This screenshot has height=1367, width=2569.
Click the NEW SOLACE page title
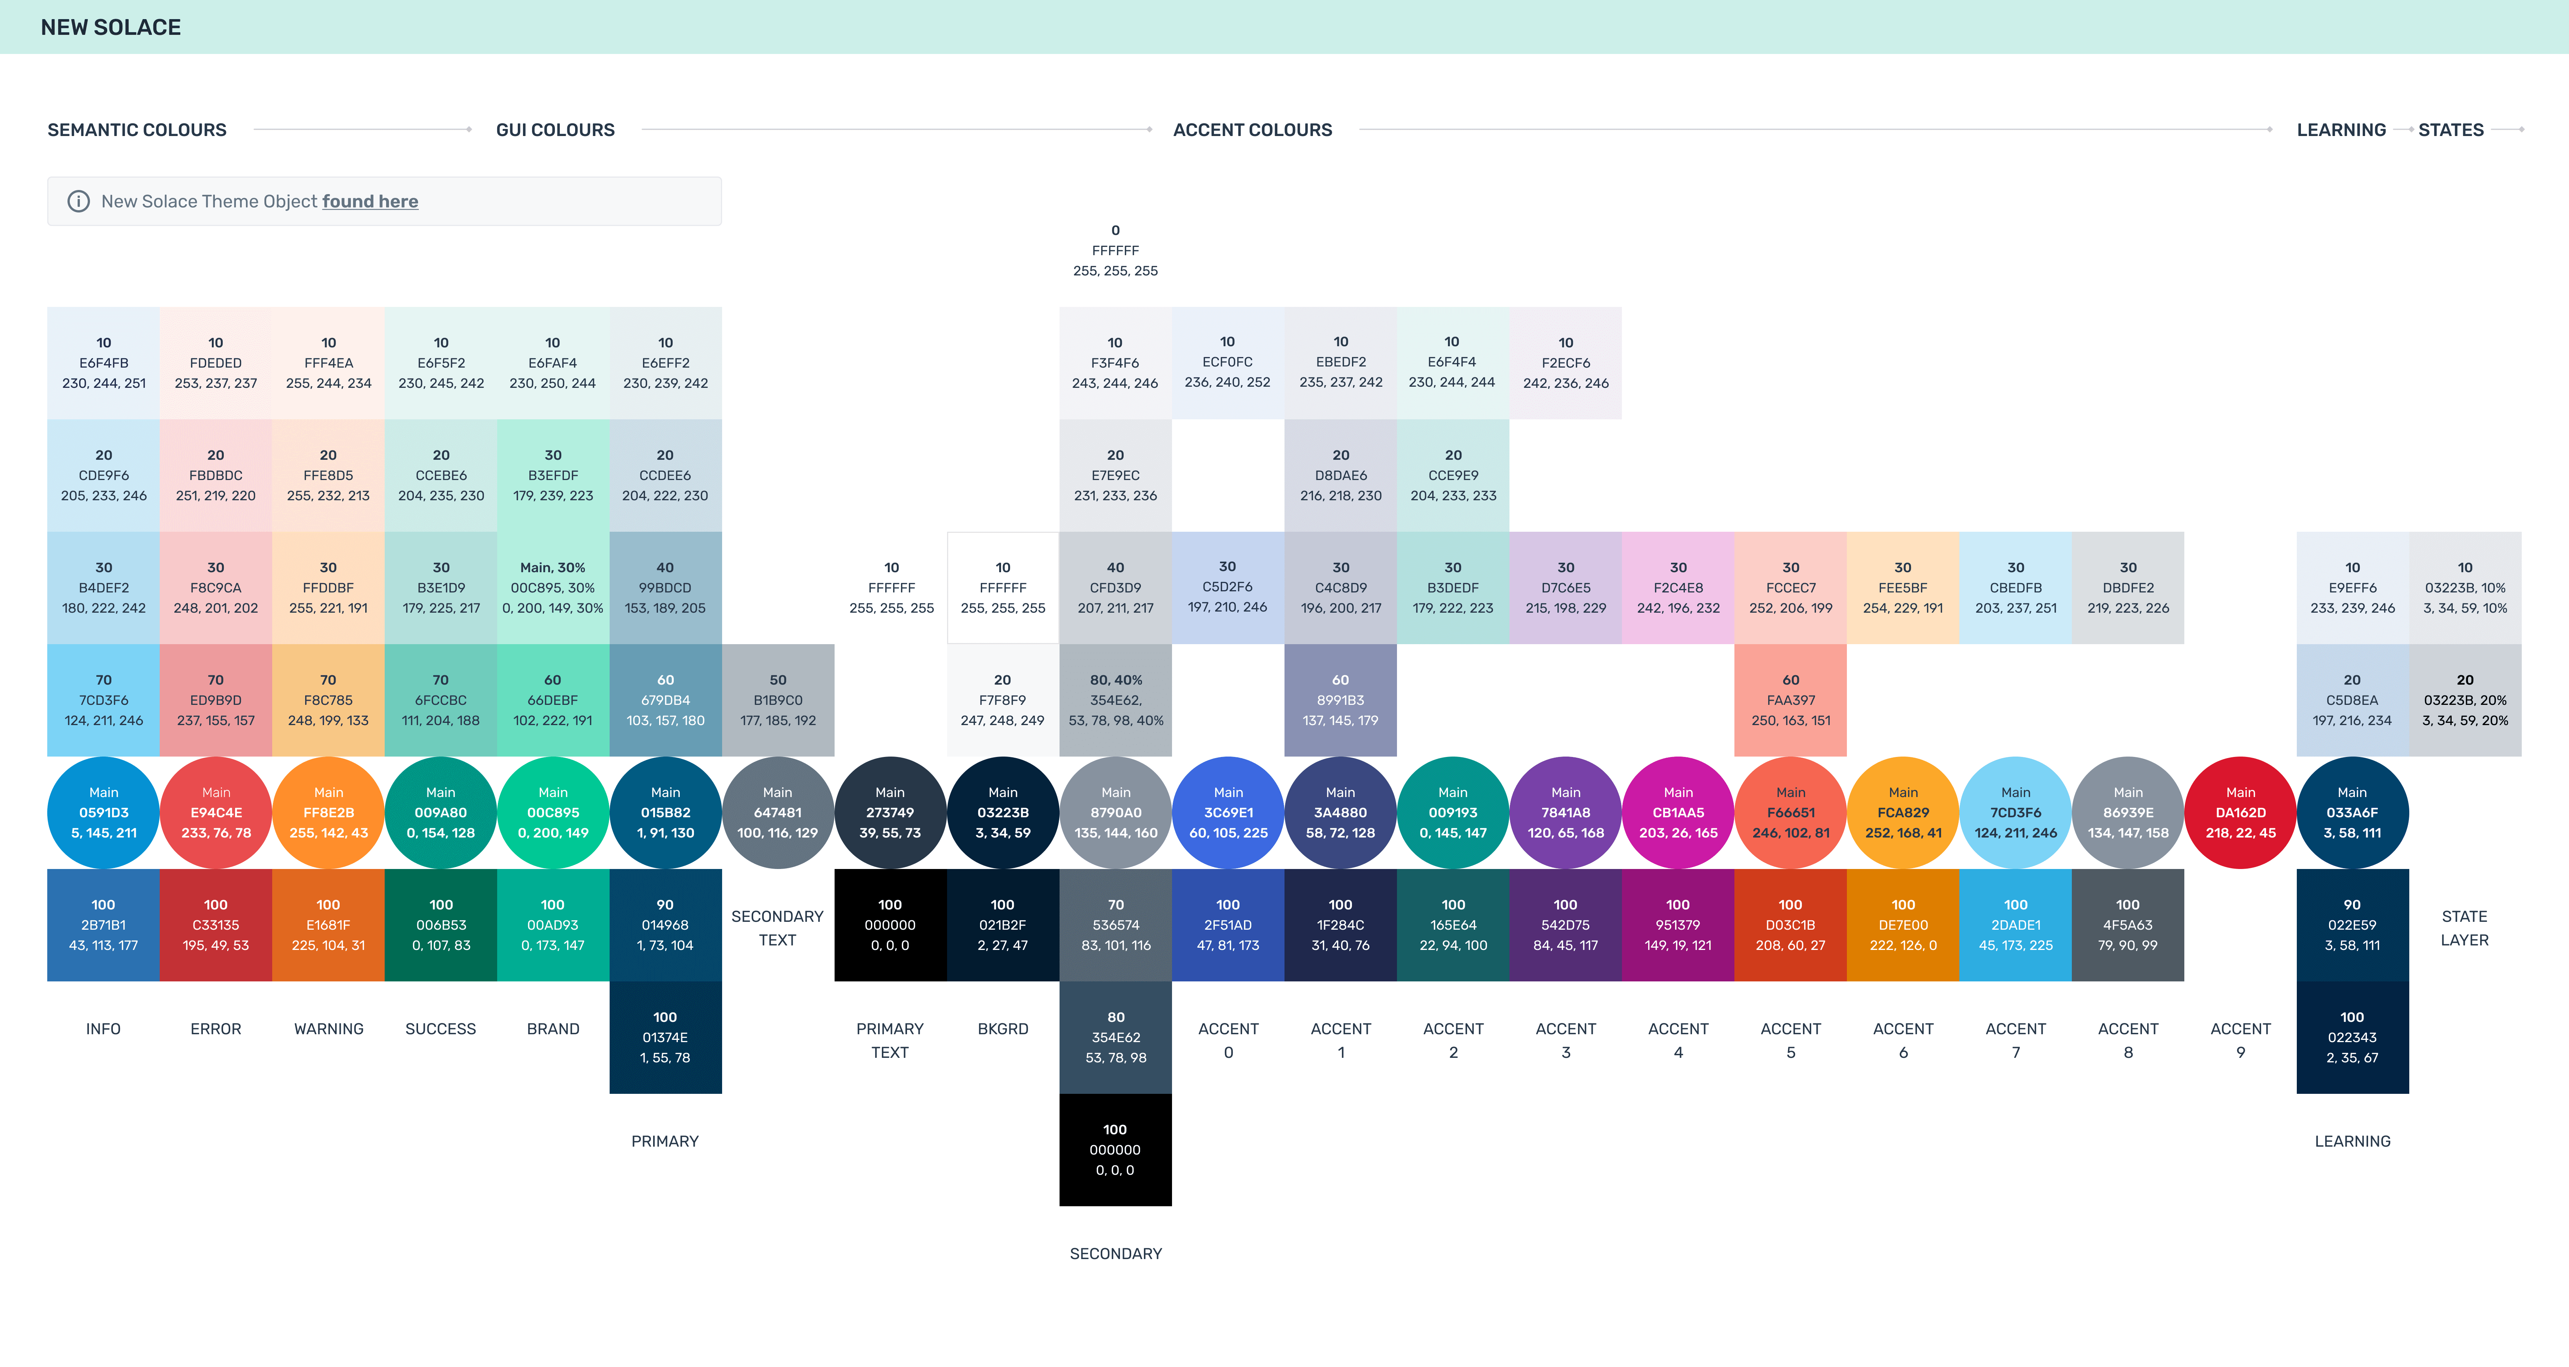coord(111,27)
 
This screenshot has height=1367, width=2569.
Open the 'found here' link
coord(370,201)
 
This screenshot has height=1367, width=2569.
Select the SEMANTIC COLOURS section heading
coord(136,130)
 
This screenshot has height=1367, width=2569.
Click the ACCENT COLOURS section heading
coord(1253,130)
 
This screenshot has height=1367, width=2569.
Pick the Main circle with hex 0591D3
coord(104,813)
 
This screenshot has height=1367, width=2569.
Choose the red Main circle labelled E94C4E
coord(216,813)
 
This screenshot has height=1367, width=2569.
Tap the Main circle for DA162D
coord(2241,813)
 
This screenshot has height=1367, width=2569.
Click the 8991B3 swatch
coord(1340,700)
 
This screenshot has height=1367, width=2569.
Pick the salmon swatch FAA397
coord(1791,700)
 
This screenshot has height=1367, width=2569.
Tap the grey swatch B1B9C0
coord(778,700)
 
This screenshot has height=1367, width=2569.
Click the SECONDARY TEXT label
coord(778,928)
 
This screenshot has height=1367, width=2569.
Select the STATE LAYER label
coord(2464,928)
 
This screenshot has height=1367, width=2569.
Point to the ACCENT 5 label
coord(1791,1040)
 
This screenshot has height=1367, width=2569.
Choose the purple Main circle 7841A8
coord(1566,813)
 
